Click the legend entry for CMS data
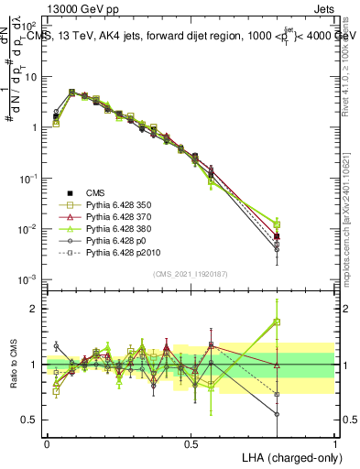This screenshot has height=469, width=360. click(x=95, y=192)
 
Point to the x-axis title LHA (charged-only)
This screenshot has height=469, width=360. click(x=289, y=455)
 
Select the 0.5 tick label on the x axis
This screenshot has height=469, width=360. click(x=191, y=442)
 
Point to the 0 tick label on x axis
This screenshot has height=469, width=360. click(x=47, y=442)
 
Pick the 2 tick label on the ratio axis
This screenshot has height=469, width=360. click(x=35, y=309)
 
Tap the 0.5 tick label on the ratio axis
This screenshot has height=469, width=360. click(x=31, y=420)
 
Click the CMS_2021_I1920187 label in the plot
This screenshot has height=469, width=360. click(x=191, y=273)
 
